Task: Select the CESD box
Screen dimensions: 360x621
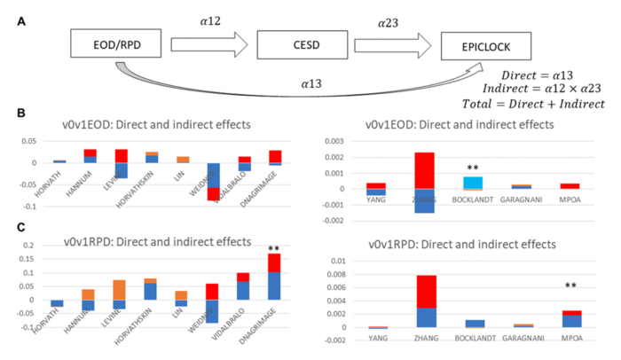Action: click(298, 43)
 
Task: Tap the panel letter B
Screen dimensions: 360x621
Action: click(17, 113)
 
